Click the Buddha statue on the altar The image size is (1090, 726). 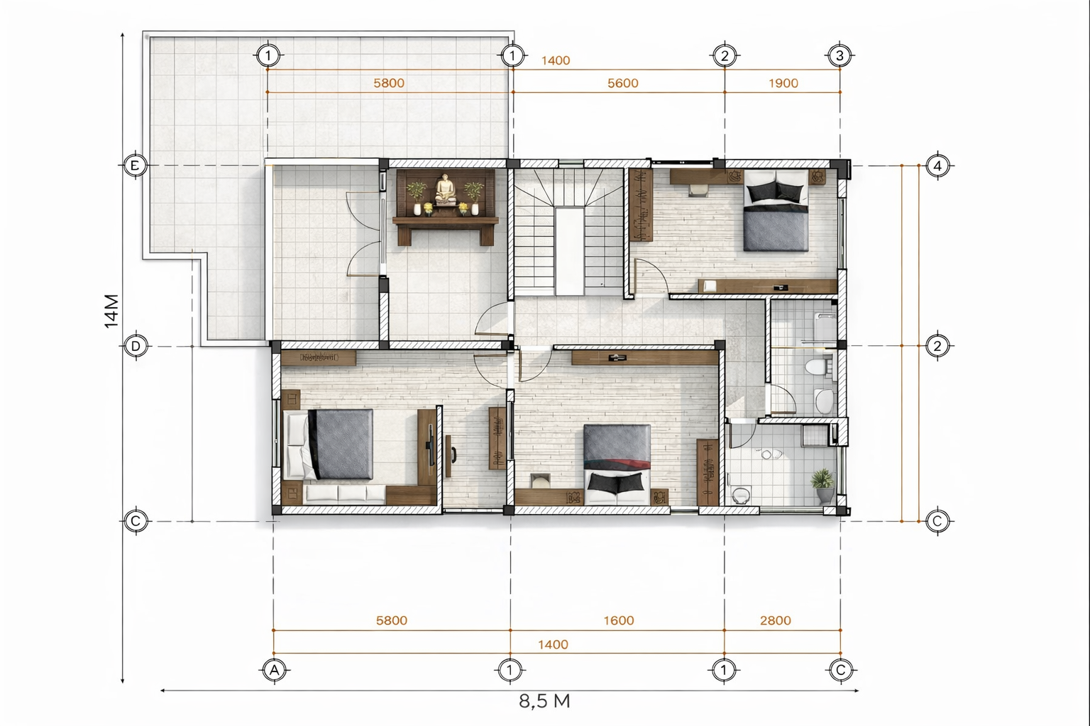coord(446,190)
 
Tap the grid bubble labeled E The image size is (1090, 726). coord(135,165)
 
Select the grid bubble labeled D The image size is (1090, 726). coord(136,346)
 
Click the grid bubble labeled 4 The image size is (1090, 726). coord(937,166)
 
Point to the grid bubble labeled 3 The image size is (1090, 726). coord(839,55)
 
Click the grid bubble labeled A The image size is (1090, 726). coord(275,671)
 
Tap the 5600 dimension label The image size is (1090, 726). coord(623,83)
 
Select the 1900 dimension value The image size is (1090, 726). coord(783,83)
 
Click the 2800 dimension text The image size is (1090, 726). coord(776,620)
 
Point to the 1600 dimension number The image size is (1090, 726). coord(619,620)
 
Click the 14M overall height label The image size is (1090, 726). coord(111,311)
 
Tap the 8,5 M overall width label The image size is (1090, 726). coord(544,701)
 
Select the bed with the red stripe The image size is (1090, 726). coord(617,464)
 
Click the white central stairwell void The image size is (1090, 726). coord(570,251)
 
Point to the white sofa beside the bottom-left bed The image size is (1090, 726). coord(344,494)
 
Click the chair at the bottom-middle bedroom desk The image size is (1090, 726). coord(540,481)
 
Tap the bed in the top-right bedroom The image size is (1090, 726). coord(776,210)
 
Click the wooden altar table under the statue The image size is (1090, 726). coord(446,230)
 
